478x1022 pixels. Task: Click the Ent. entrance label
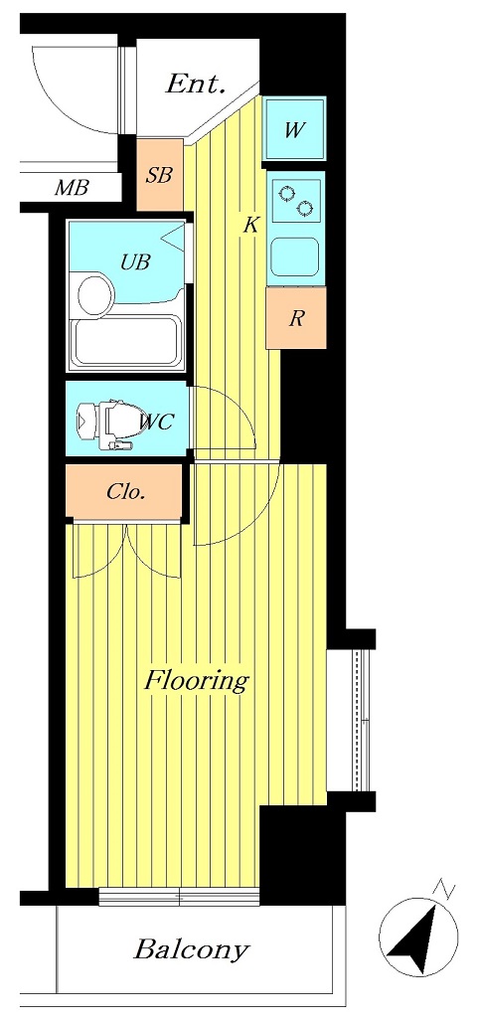pyautogui.click(x=196, y=84)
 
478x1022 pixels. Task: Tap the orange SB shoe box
pyautogui.click(x=160, y=175)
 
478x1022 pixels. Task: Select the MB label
pyautogui.click(x=71, y=188)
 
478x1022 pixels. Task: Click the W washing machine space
pyautogui.click(x=294, y=128)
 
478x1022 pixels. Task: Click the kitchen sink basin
pyautogui.click(x=295, y=256)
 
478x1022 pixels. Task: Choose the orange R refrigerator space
pyautogui.click(x=296, y=319)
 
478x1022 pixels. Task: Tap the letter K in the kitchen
pyautogui.click(x=250, y=226)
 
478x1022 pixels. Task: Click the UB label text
pyautogui.click(x=135, y=262)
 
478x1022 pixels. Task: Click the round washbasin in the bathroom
pyautogui.click(x=94, y=296)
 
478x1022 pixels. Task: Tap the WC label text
pyautogui.click(x=156, y=422)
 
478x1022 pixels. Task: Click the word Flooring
pyautogui.click(x=196, y=682)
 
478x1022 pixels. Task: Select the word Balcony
pyautogui.click(x=191, y=949)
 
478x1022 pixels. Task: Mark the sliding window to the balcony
pyautogui.click(x=180, y=898)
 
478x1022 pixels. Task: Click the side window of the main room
pyautogui.click(x=362, y=720)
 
